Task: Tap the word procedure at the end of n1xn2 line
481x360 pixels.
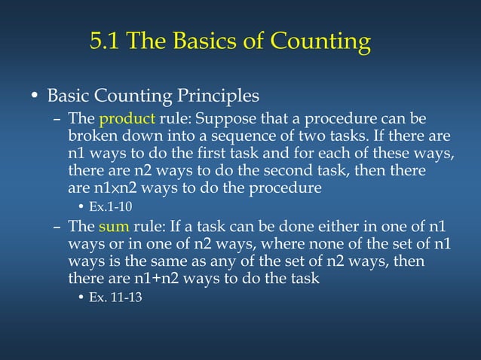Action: [x=290, y=188]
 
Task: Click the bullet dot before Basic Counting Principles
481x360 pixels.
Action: [x=34, y=98]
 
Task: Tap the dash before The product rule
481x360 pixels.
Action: [x=58, y=120]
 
